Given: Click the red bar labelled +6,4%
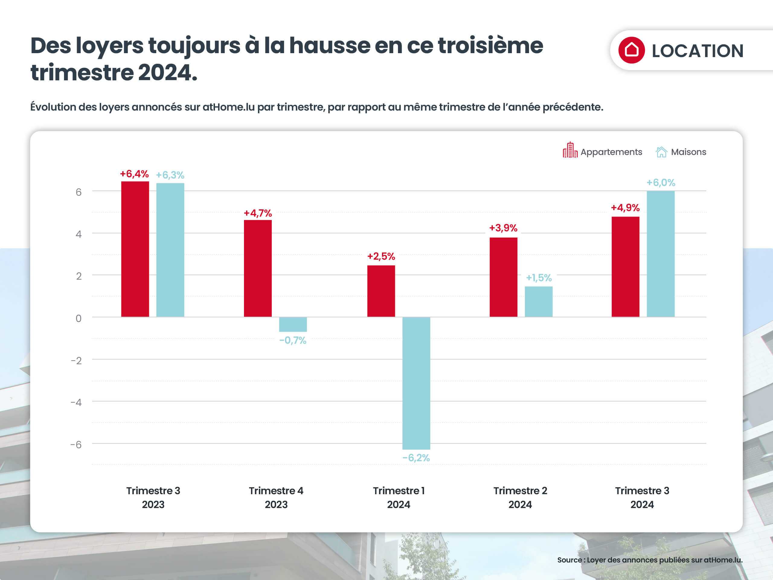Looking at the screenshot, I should pos(135,249).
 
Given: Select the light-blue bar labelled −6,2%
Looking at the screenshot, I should pos(416,383).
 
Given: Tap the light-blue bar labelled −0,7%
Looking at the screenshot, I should pos(293,324).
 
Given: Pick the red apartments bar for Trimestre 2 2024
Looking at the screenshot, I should pos(503,277).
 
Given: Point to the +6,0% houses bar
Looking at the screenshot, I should pos(660,254).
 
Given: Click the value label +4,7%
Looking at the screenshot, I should pos(258,213).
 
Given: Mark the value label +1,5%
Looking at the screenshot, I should pos(538,278).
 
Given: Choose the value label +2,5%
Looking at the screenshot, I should pos(381,256).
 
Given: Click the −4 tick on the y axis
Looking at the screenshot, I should pos(76,402).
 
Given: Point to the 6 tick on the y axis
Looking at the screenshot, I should pos(79,192).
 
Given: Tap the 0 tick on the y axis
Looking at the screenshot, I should pos(79,318).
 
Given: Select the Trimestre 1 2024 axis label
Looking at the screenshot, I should pos(398,498).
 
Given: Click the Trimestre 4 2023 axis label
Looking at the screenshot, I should pos(276,498).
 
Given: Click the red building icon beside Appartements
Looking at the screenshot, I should pos(570,150).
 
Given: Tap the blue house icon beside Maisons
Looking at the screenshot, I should pos(661,152).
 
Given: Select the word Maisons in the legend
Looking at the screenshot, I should pos(688,152).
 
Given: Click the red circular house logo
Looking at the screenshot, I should pos(631,50).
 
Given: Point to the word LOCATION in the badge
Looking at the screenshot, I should pos(698,51).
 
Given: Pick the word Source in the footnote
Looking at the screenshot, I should pos(569,560).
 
